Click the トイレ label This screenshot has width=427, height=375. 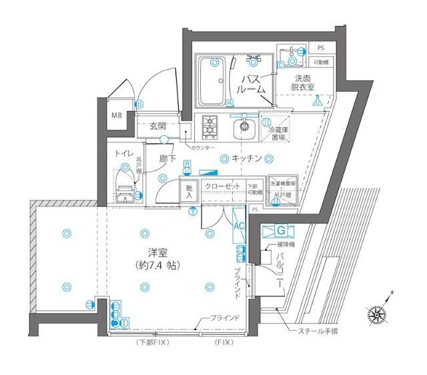click(121, 154)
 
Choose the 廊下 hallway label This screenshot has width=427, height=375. click(168, 160)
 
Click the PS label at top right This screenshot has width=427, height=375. click(320, 48)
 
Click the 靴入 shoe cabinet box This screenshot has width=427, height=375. click(189, 192)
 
